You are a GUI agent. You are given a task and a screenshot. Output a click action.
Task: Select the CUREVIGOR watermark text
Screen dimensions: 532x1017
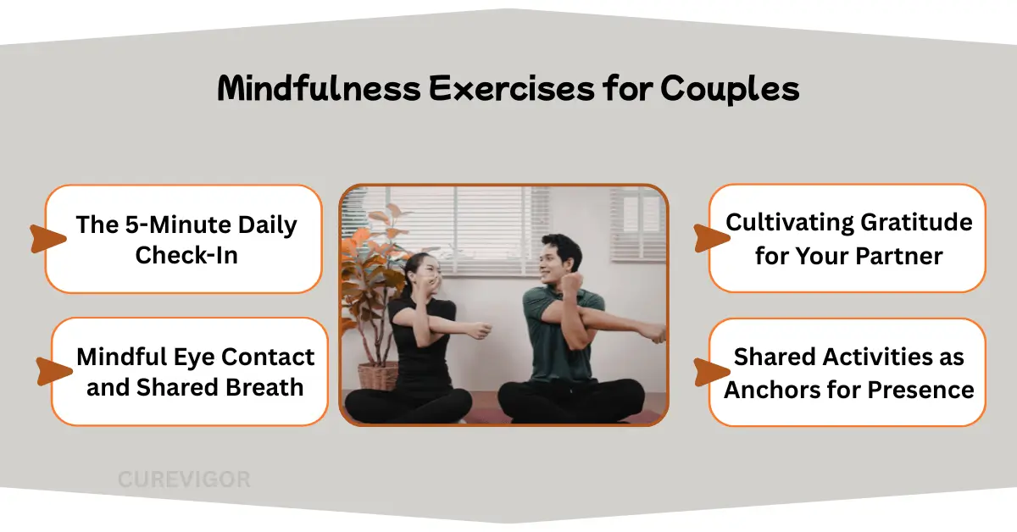184,479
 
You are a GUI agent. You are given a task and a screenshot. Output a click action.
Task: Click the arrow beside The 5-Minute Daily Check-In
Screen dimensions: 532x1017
47,239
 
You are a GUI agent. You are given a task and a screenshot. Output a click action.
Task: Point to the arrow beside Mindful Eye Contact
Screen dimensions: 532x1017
53,371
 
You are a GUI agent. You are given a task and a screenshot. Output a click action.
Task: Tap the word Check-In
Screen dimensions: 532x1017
186,254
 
